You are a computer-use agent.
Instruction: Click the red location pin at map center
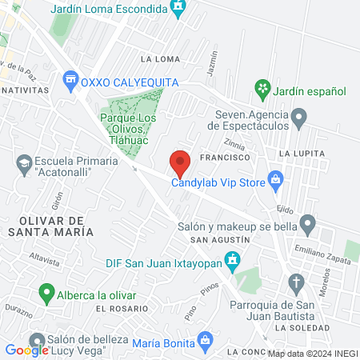coord(181,162)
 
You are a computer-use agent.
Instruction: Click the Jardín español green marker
coord(261,87)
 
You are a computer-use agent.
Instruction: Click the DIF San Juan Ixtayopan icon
coord(233,259)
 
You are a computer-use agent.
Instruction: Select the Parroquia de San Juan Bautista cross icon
coord(297,282)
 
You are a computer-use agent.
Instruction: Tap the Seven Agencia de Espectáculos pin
coord(298,120)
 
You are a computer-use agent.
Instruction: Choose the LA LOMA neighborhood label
coord(154,58)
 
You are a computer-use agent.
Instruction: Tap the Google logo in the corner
coord(26,349)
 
